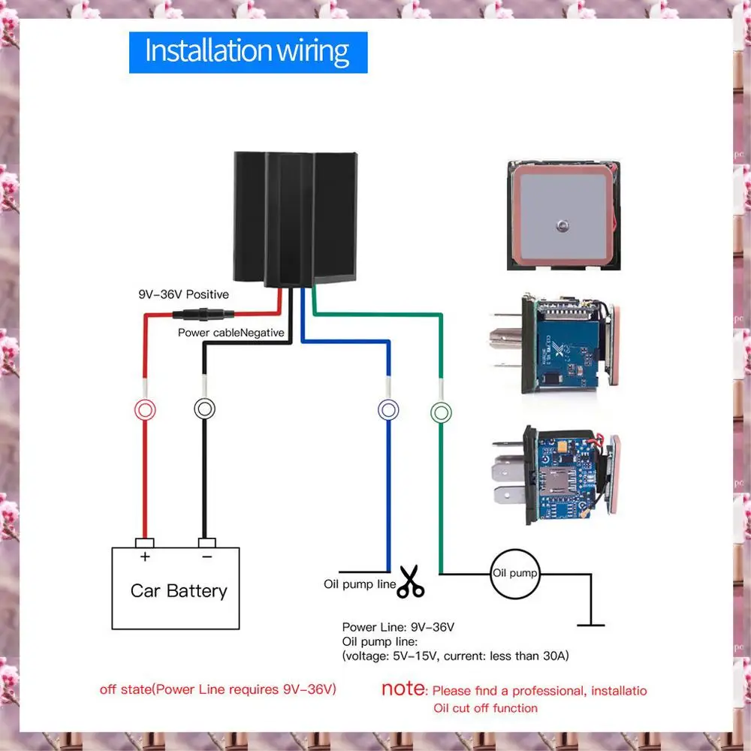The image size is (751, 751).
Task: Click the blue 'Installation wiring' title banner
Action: pos(248,52)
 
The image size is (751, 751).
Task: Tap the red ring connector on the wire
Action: pos(145,409)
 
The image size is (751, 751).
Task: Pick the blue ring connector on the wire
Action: pos(388,409)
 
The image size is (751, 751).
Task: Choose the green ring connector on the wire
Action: pos(441,412)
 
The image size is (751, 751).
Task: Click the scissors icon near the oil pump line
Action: pos(410,581)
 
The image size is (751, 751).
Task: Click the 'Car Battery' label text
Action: pos(178,590)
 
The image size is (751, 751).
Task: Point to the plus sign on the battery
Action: pos(145,556)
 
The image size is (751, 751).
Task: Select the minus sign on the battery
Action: pos(207,556)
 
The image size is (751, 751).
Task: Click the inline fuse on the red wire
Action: pos(202,316)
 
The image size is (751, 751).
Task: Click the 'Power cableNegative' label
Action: pos(231,332)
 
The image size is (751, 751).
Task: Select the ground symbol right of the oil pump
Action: pos(591,622)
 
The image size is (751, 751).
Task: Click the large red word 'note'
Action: pos(403,689)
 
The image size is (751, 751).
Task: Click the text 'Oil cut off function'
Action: pos(485,707)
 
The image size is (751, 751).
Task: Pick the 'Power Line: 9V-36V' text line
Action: pos(398,626)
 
